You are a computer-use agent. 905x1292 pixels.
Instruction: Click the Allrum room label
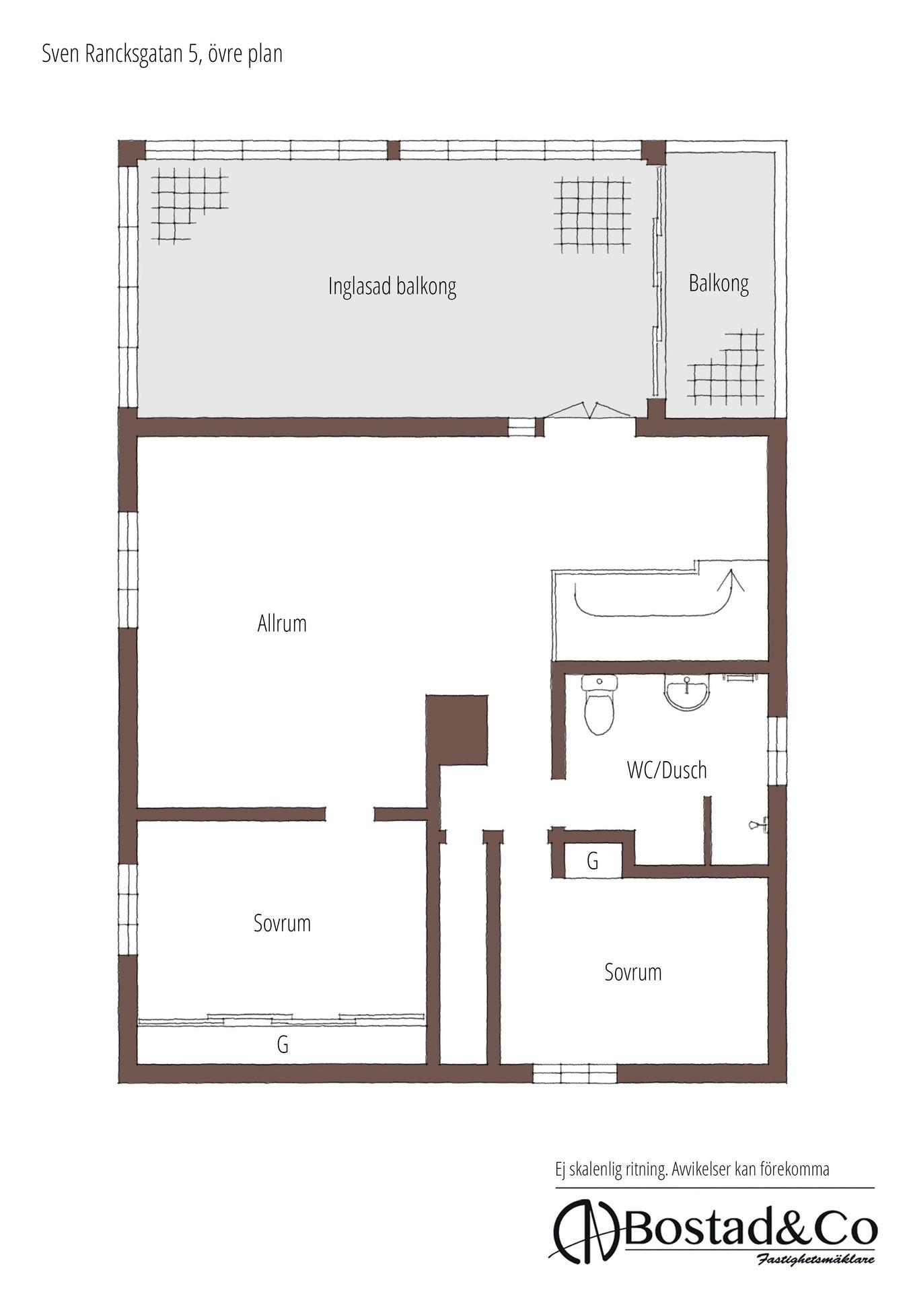point(282,623)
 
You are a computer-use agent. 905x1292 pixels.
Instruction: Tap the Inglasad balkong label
point(392,287)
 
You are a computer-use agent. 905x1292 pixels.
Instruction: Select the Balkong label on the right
point(719,283)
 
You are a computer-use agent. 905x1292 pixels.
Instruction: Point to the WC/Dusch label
point(667,770)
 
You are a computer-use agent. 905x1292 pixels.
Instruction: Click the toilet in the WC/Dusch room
point(599,705)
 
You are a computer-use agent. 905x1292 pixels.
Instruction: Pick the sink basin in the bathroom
point(686,692)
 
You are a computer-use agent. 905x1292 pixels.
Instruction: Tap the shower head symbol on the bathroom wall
point(758,825)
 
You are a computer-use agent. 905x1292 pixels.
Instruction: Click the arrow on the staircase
point(730,581)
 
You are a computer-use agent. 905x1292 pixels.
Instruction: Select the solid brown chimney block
point(457,730)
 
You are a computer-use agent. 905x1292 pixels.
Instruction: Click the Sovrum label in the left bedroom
point(282,923)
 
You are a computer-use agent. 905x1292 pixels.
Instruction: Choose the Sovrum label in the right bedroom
point(632,972)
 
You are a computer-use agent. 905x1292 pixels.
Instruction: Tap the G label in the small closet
point(593,861)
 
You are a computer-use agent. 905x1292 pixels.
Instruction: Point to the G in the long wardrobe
point(283,1044)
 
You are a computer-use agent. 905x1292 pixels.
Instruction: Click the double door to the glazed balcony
point(589,410)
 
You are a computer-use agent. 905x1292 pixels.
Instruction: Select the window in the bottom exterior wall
point(575,1073)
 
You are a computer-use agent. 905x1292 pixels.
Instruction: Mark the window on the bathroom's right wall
point(777,750)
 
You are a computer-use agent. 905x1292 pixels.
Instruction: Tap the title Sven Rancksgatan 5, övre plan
point(162,54)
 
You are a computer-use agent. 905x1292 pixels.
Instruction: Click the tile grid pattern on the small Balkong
point(727,367)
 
